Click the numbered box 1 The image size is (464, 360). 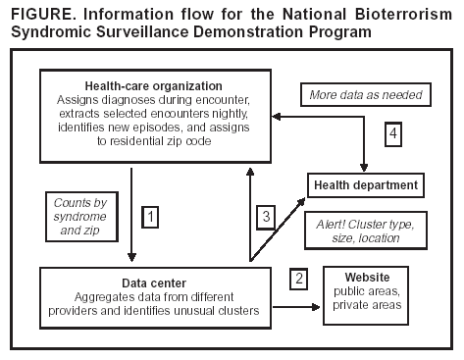tap(150, 213)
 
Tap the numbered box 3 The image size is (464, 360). tap(266, 213)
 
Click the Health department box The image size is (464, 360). tap(365, 184)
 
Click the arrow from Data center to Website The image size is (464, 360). tap(299, 307)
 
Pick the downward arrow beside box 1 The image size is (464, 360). tap(130, 211)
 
